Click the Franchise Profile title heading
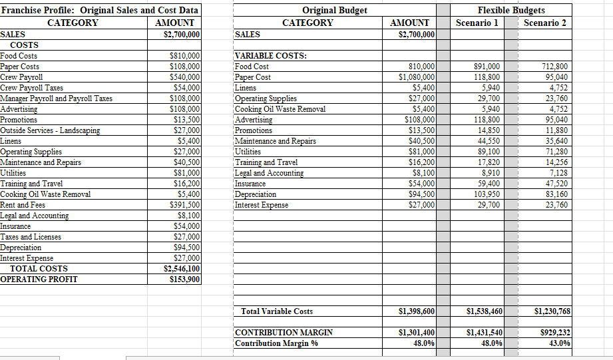point(99,11)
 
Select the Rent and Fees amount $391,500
point(184,205)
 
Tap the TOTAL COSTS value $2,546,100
point(182,269)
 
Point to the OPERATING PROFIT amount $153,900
point(184,279)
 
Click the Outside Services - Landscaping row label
point(51,130)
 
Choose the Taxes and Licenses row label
point(31,237)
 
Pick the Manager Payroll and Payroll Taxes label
point(57,98)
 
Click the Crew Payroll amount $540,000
point(184,77)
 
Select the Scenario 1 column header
point(477,23)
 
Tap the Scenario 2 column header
point(544,23)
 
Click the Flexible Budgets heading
point(511,11)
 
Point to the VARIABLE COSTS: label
point(271,56)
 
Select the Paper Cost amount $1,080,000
point(417,77)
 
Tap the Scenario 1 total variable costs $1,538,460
point(485,311)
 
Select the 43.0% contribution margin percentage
point(559,343)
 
